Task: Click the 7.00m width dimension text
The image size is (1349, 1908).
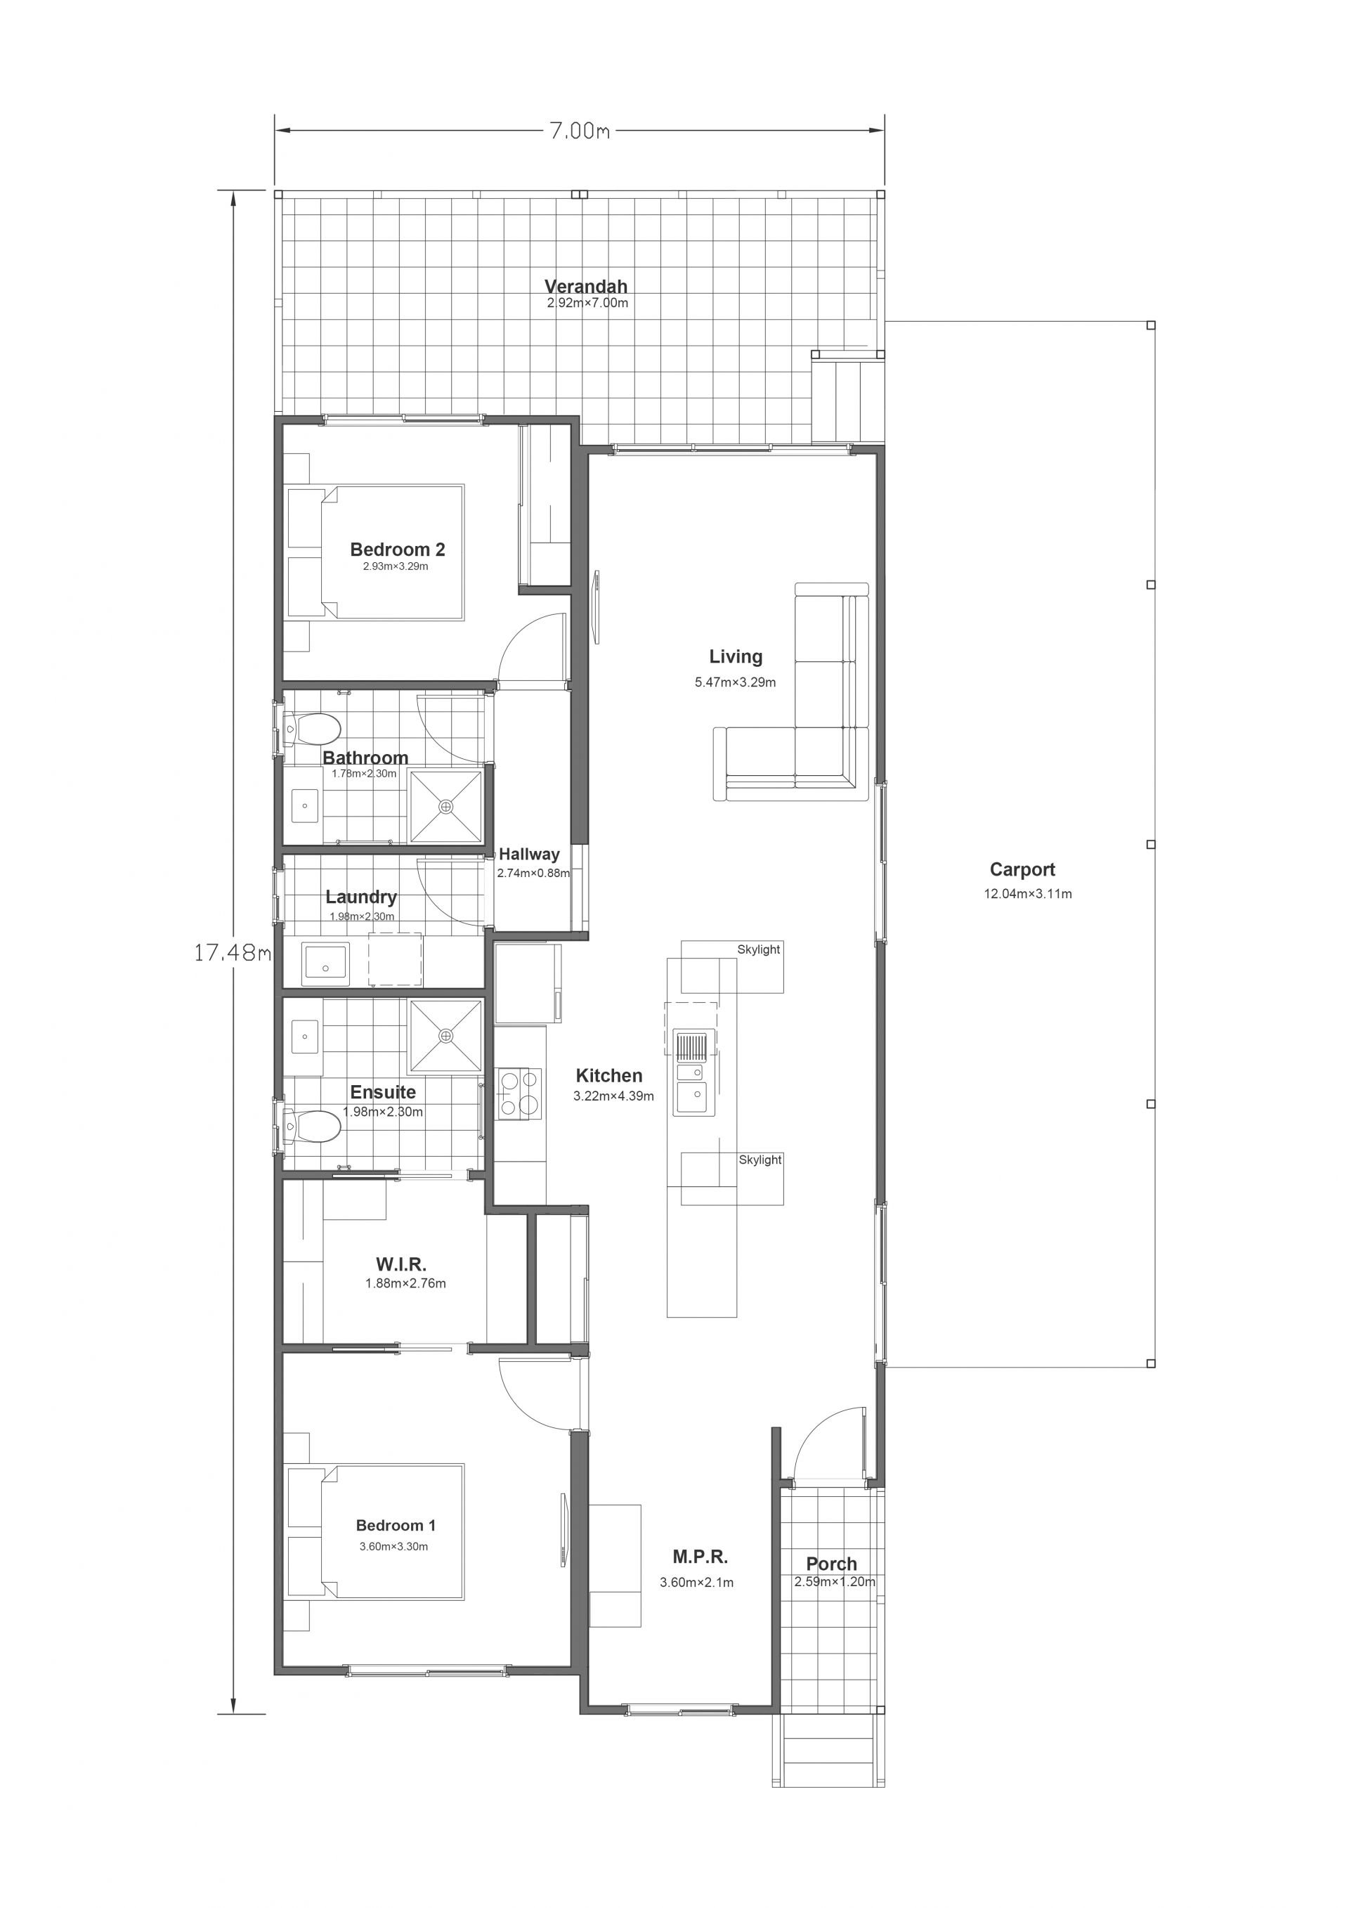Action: coord(579,131)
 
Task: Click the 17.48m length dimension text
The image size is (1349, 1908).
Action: coord(233,952)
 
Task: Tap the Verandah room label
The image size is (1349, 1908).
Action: coord(585,286)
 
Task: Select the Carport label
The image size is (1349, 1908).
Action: coord(1022,869)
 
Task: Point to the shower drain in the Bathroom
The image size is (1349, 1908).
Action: coord(446,806)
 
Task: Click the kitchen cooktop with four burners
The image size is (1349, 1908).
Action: coord(519,1093)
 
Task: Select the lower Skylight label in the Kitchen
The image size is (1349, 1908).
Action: coord(760,1160)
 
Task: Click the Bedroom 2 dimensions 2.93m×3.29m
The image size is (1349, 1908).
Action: coord(396,566)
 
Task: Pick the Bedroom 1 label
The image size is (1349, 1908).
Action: coord(396,1525)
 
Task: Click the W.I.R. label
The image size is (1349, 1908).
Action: coord(401,1264)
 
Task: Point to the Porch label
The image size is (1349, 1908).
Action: coord(831,1563)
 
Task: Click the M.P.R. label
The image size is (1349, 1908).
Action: coord(700,1557)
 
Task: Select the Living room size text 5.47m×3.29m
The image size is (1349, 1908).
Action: coord(735,682)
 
